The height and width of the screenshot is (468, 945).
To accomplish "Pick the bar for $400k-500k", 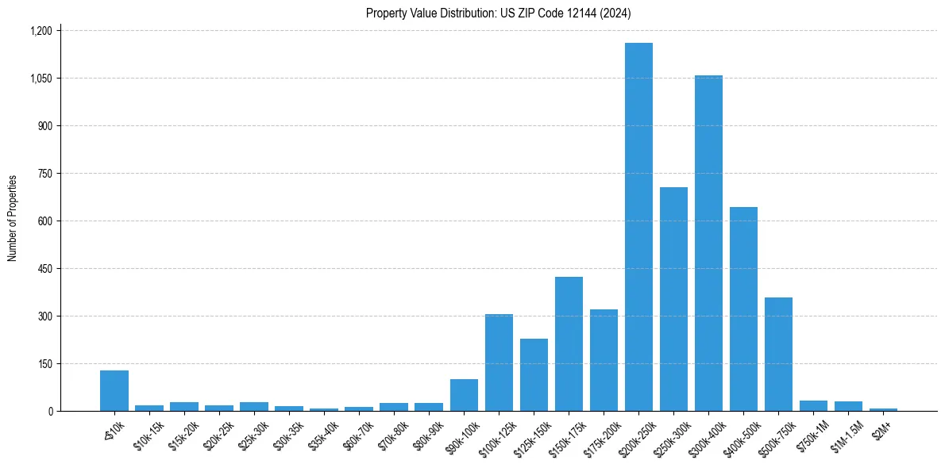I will pyautogui.click(x=743, y=309).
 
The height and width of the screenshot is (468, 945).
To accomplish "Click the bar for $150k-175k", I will pyautogui.click(x=569, y=344).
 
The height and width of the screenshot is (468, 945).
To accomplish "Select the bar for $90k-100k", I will pyautogui.click(x=464, y=395).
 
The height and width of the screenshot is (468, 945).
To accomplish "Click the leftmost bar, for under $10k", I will pyautogui.click(x=114, y=391).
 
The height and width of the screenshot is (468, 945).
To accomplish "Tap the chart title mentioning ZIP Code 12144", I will pyautogui.click(x=498, y=13).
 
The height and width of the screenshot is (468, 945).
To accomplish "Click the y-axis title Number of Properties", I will pyautogui.click(x=13, y=218).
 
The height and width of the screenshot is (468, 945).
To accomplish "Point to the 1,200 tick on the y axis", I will pyautogui.click(x=40, y=31).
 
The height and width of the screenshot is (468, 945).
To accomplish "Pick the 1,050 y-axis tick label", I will pyautogui.click(x=40, y=79).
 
